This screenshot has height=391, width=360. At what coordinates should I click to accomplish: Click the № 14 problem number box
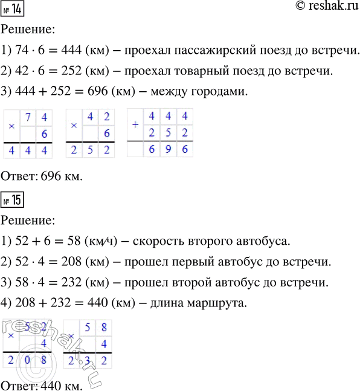[x=13, y=10]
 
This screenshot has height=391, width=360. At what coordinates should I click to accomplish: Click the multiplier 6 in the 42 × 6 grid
[x=106, y=133]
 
